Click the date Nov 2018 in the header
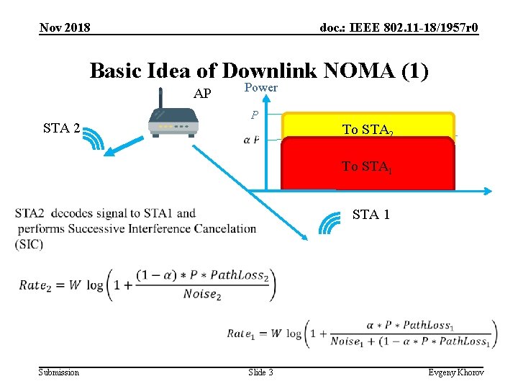pos(65,27)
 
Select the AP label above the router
pos(203,94)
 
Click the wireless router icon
pos(173,121)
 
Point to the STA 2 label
pos(61,129)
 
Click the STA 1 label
pos(371,214)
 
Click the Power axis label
pos(260,87)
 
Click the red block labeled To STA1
pos(368,166)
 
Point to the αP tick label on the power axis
pos(252,139)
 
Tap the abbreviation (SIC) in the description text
pos(29,244)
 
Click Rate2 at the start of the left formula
pos(42,285)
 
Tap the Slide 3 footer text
pos(260,372)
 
